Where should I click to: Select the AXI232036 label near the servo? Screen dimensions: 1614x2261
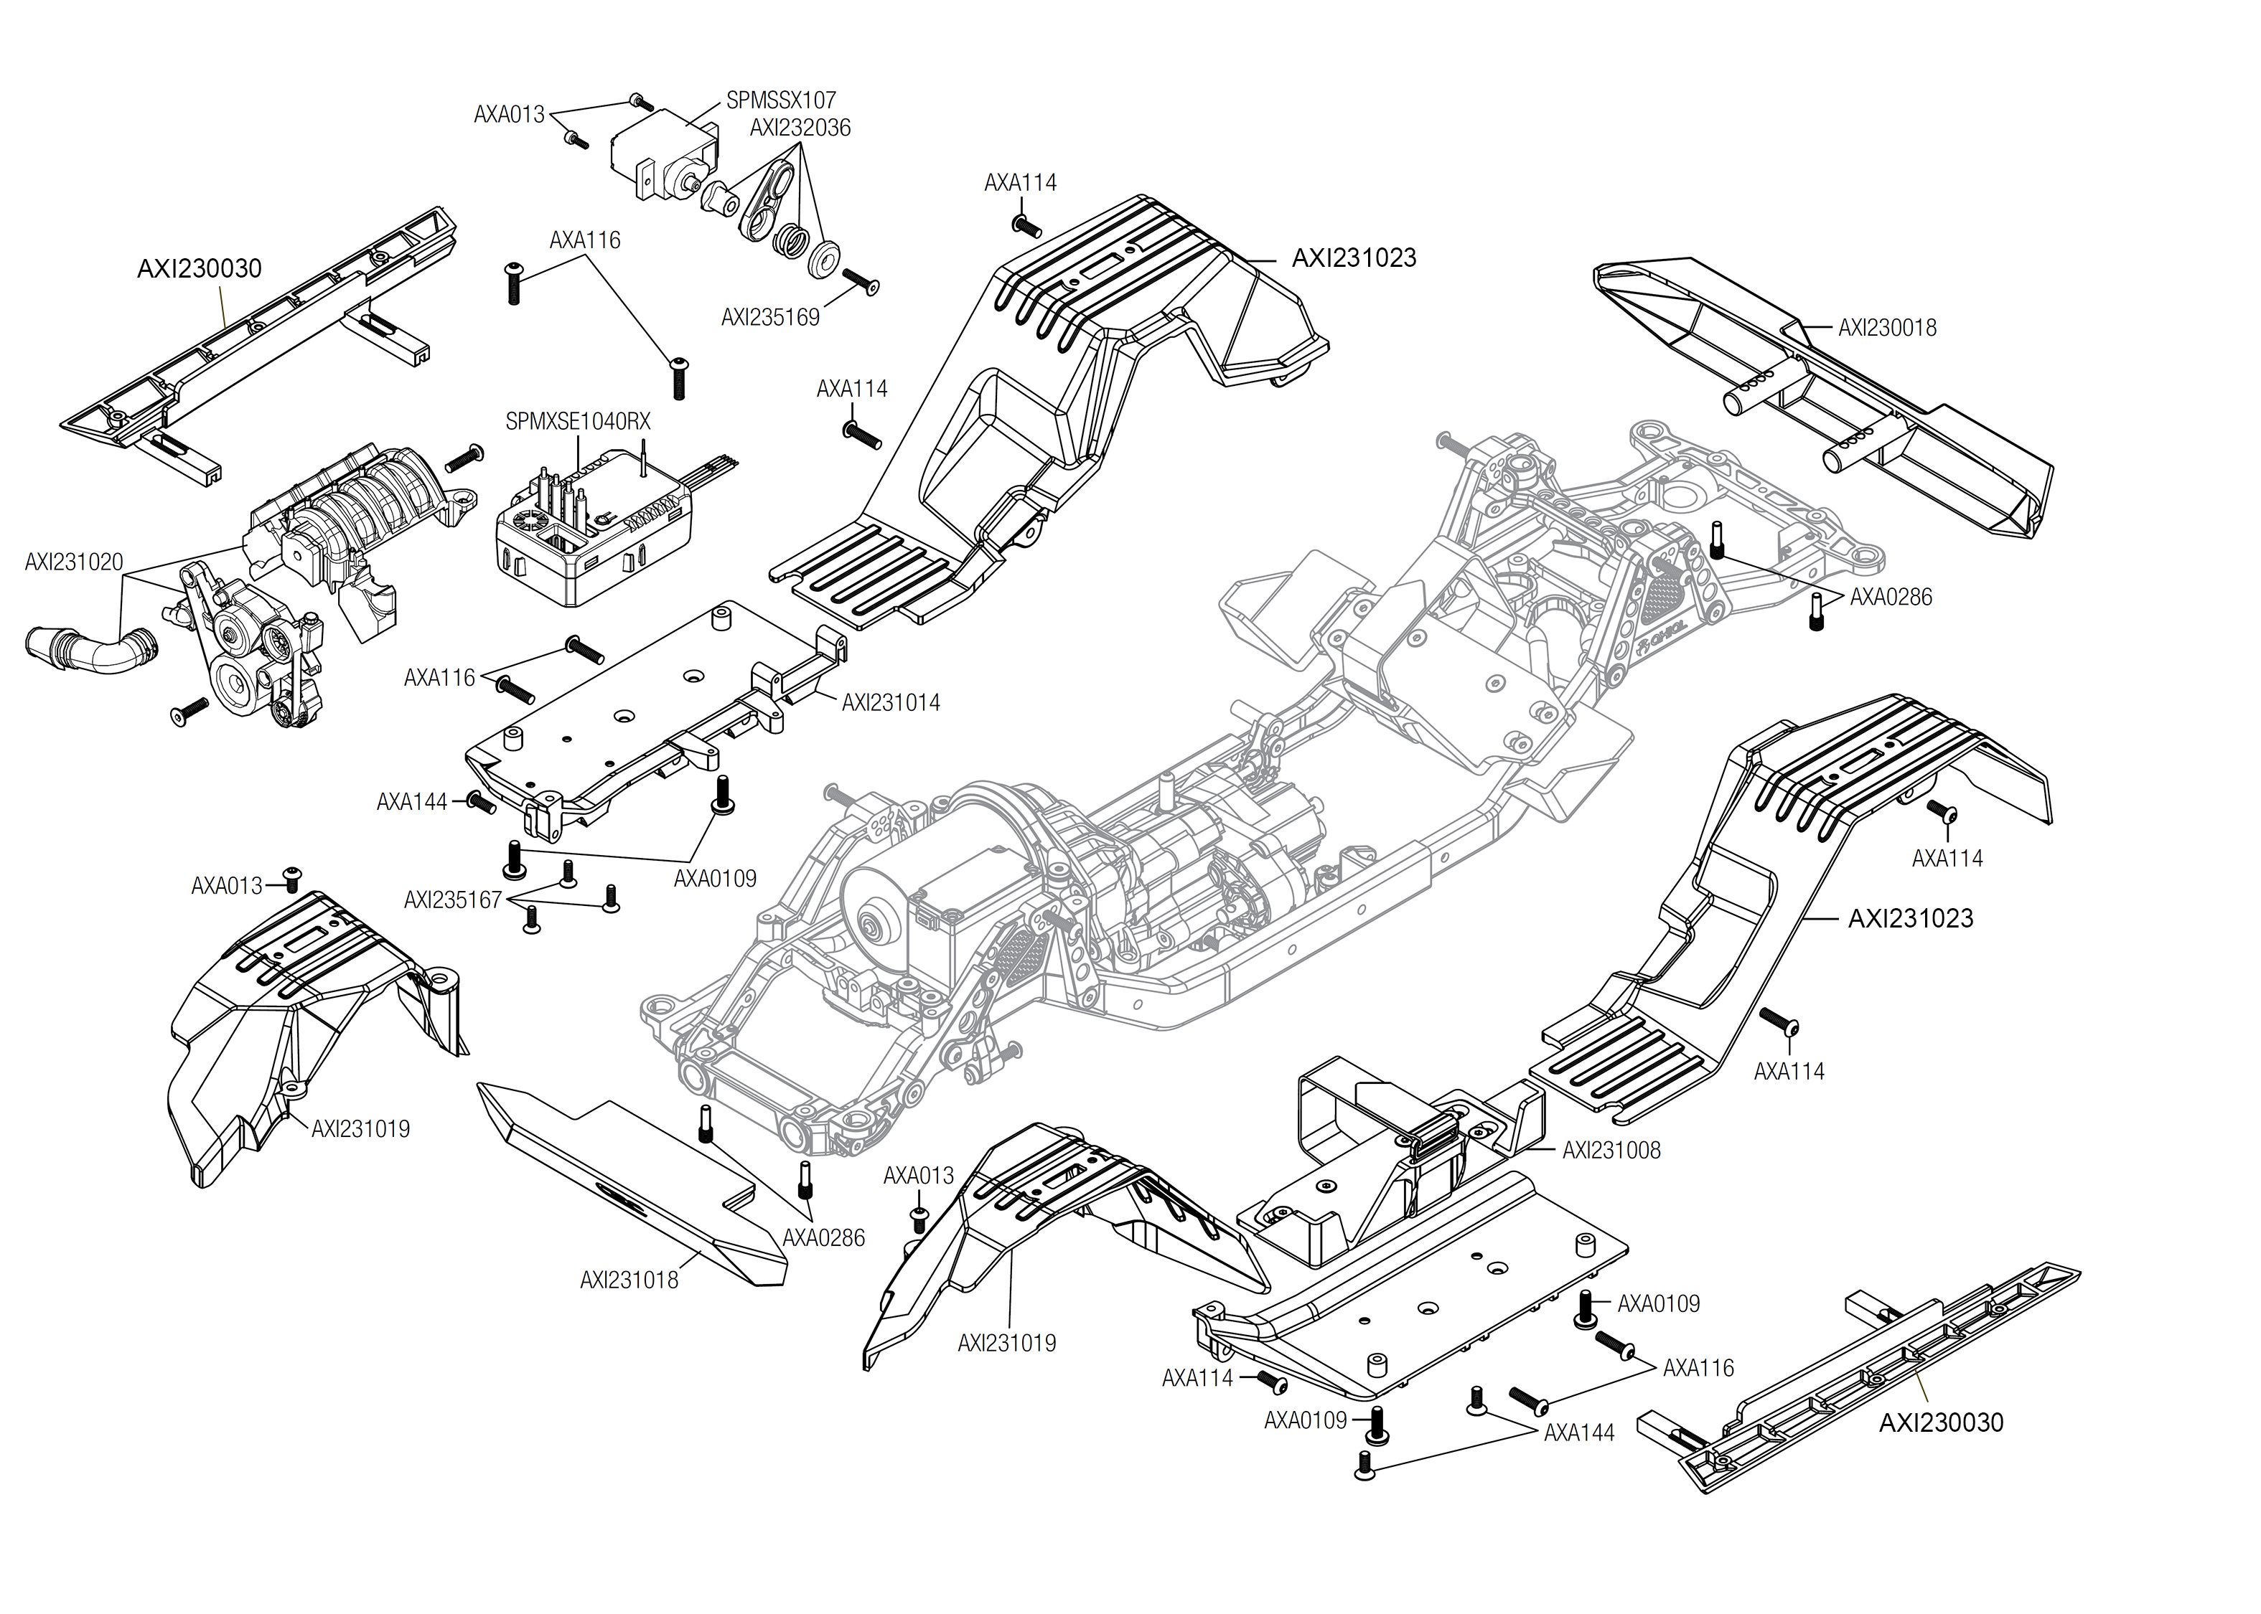800,128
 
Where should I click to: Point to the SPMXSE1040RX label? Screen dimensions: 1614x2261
578,421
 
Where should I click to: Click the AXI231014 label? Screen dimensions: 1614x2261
890,703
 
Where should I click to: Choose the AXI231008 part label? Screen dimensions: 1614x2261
1611,1150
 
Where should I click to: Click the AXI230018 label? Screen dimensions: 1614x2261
1886,328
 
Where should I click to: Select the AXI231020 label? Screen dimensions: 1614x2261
74,562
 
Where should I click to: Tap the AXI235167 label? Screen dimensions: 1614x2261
452,900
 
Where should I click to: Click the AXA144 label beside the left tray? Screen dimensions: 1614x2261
411,802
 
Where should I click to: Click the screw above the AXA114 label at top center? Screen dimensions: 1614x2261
1026,225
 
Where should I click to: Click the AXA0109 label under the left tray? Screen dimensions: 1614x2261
714,879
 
